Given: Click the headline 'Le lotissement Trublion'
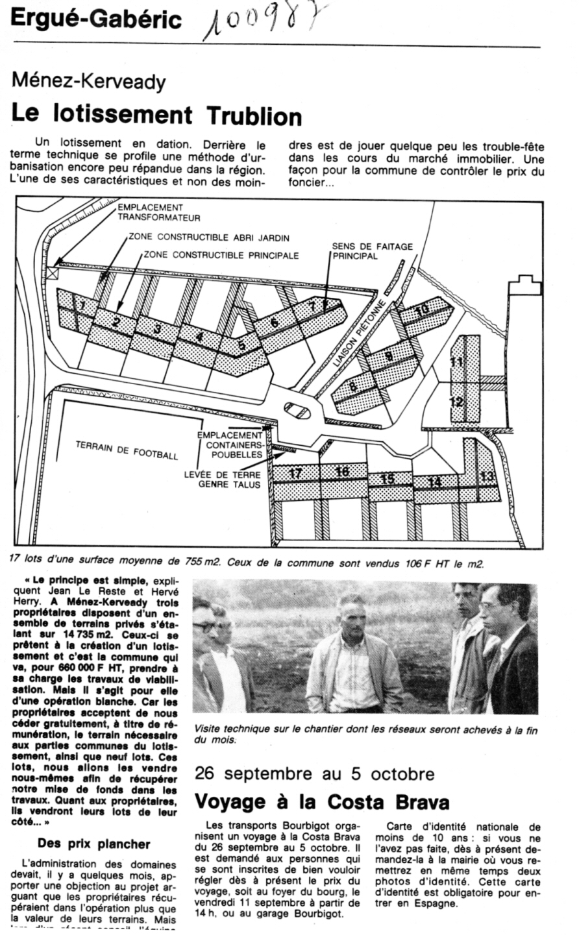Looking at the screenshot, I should point(157,115).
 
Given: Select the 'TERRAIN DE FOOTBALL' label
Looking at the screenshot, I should point(127,451).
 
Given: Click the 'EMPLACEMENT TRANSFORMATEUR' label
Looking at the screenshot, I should point(159,212).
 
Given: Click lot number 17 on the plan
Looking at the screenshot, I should point(295,474).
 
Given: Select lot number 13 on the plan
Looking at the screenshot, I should point(487,476).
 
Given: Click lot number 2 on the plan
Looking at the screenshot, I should point(116,321).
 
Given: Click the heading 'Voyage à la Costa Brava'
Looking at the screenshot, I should point(322,801).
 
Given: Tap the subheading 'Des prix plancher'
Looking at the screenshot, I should point(93,844).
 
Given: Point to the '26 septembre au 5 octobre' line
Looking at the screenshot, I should point(315,773).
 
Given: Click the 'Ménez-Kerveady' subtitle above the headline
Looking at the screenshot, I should point(88,82).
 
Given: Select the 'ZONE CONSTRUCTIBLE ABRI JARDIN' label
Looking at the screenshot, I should point(208,237).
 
